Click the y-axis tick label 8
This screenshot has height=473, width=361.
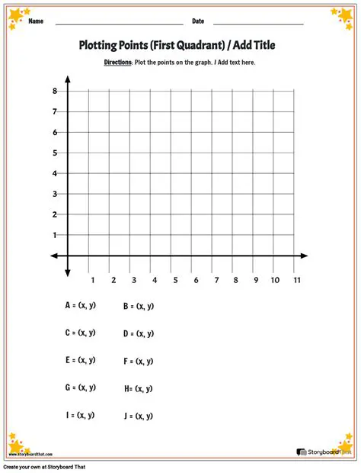pos(55,91)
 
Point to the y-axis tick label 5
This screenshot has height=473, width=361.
pos(55,153)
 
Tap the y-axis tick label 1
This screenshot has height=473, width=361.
pos(55,235)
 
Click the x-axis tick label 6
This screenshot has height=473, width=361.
pos(196,280)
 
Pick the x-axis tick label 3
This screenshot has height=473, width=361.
pos(133,280)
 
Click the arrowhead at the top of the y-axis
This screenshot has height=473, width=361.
pos(69,79)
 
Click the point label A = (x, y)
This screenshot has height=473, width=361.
pos(80,305)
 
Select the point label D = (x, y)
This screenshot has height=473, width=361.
pos(139,333)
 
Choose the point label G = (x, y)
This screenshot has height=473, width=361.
pos(80,388)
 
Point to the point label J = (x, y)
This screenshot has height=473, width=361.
pos(139,416)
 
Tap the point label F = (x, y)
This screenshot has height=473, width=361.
pos(139,361)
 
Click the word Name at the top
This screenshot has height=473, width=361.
pos(35,21)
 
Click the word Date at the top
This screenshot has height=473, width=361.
pos(198,21)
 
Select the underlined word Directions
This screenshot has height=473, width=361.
pos(118,62)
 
